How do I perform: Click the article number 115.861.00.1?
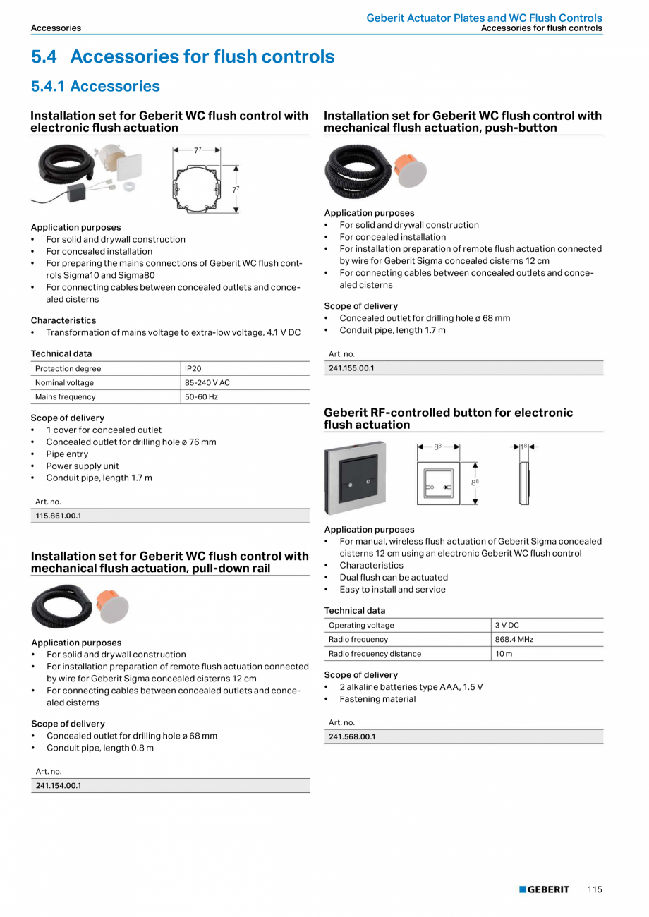point(59,516)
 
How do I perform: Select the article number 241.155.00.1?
point(351,368)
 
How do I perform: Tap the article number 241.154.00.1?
point(59,785)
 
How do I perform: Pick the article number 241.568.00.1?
point(352,736)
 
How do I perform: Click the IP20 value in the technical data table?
point(193,368)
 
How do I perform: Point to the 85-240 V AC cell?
point(207,382)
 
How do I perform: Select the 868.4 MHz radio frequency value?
point(514,639)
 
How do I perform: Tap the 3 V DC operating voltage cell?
point(507,625)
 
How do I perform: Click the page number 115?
point(594,889)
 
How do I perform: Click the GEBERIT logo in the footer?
point(545,889)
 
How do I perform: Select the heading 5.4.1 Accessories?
point(95,86)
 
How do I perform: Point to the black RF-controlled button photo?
point(355,478)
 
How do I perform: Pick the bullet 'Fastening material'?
point(377,699)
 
